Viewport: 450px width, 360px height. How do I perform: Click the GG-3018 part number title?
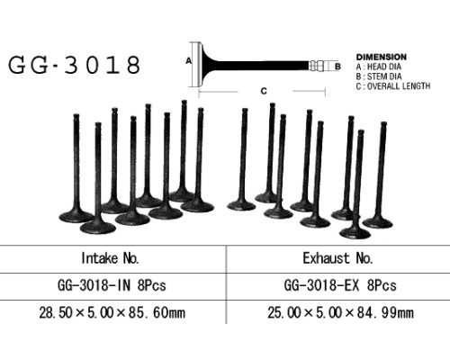74,65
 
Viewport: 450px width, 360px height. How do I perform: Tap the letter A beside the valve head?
188,61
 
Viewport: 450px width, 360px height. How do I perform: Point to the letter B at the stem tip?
337,67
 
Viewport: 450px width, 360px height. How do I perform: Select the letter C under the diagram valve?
264,91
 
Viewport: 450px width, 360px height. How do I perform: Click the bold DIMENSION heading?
382,57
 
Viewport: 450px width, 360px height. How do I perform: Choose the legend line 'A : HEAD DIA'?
379,67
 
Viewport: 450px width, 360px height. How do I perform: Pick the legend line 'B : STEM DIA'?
379,76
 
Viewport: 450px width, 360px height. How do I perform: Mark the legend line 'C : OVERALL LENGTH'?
393,86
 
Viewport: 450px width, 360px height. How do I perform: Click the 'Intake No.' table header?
110,258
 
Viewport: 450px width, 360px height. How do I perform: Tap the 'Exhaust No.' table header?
337,258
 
